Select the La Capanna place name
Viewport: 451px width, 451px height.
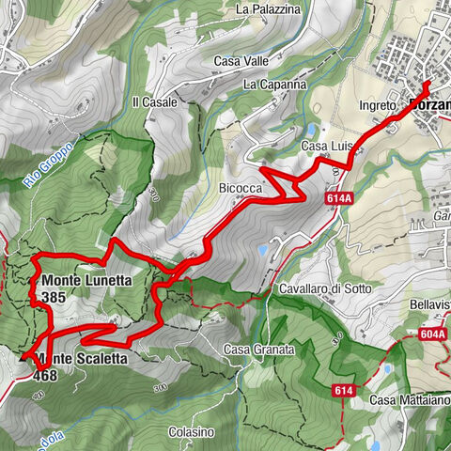click(x=274, y=84)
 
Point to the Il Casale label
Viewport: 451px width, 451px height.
click(x=155, y=102)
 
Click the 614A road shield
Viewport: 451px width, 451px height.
click(x=340, y=200)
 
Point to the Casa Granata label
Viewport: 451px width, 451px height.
click(x=259, y=350)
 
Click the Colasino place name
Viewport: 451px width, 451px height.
click(x=191, y=432)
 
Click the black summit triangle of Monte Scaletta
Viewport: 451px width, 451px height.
click(x=25, y=358)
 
